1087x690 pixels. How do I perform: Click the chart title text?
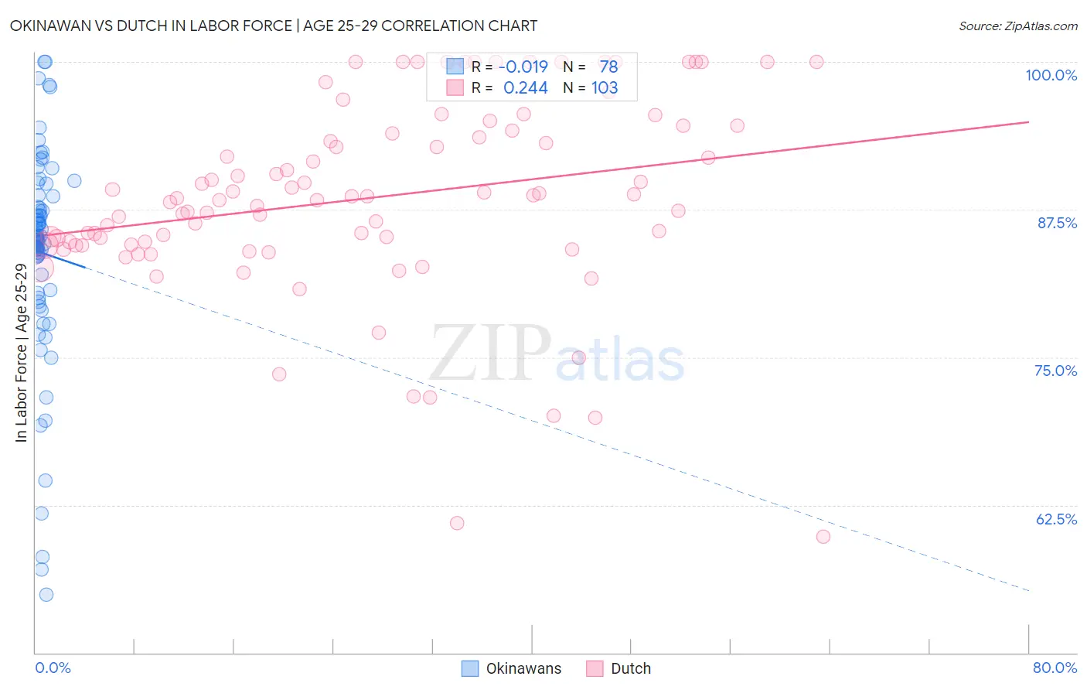274,26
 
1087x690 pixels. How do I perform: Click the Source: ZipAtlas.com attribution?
1017,26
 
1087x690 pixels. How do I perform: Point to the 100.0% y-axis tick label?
1051,75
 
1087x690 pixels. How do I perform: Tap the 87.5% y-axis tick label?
1057,223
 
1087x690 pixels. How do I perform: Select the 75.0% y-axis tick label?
1055,371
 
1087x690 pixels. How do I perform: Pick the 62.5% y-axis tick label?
1056,519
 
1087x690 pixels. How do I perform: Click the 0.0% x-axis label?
53,668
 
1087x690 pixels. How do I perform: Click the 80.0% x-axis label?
1055,668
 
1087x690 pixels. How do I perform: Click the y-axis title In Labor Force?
21,353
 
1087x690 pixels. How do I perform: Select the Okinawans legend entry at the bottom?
512,668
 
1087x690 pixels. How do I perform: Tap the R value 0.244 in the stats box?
526,88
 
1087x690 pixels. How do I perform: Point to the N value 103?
605,88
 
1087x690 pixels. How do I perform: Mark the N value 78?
608,67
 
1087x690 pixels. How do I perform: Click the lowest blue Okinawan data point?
46,595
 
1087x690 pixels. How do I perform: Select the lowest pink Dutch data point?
823,537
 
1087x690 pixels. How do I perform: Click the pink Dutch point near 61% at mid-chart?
457,524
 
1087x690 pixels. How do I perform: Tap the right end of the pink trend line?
1028,122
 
